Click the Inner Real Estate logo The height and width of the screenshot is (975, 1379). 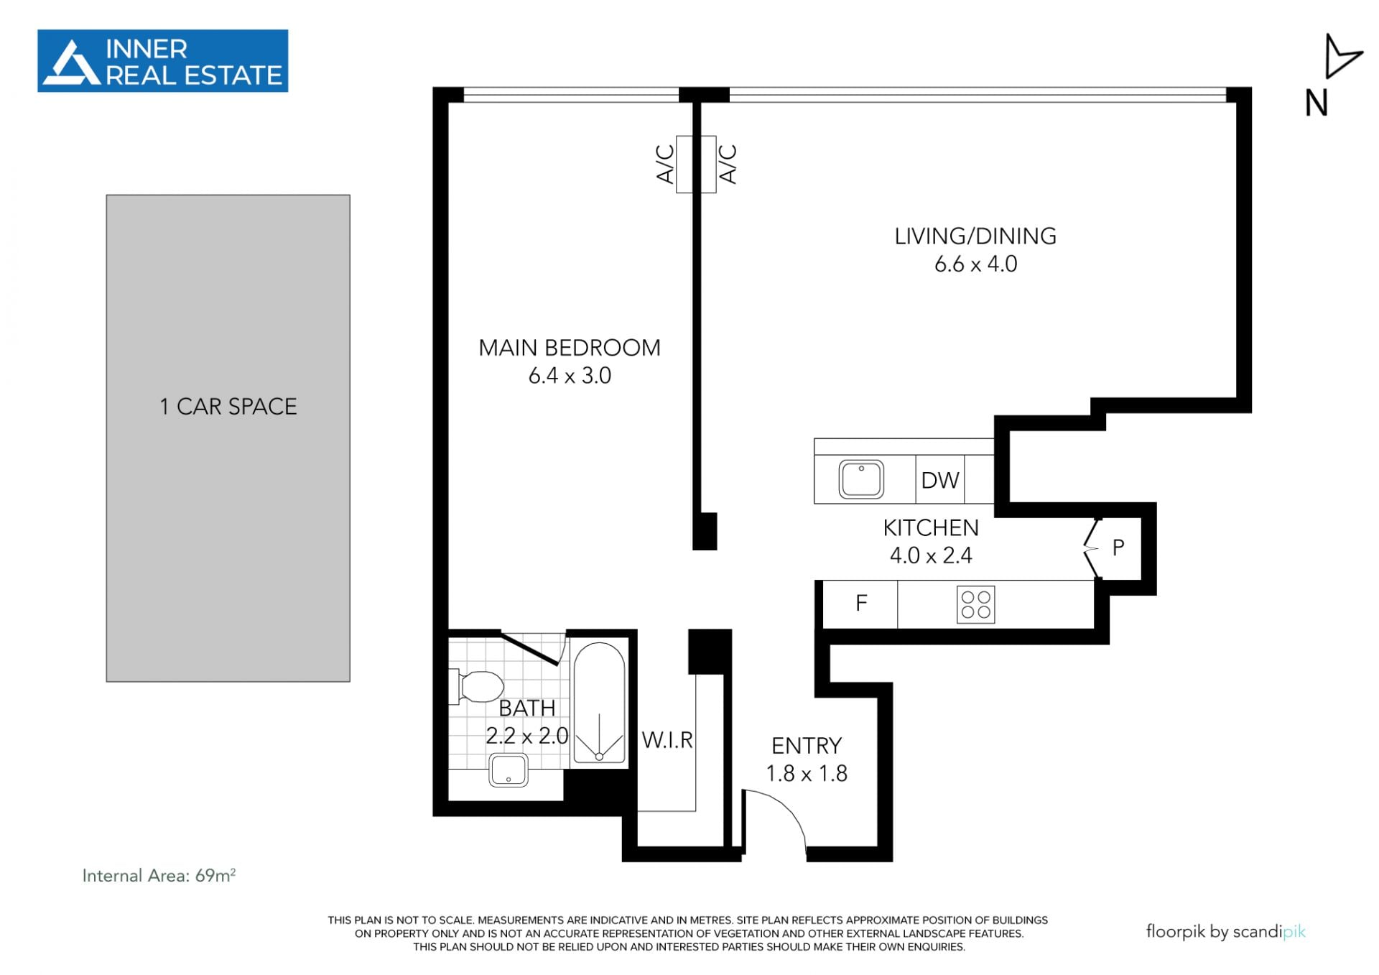pos(162,61)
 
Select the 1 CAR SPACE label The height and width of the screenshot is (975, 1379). pos(228,407)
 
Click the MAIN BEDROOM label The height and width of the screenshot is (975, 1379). pos(570,348)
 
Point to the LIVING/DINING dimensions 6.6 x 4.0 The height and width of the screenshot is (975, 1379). pos(975,264)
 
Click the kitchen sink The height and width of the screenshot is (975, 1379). pos(861,479)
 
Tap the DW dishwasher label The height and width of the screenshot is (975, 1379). pos(940,480)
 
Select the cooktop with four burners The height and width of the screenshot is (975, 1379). pos(976,604)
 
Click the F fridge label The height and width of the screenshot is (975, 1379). pos(861,603)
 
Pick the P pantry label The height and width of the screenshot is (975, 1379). pos(1118,548)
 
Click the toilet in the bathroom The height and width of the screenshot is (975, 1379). pos(476,686)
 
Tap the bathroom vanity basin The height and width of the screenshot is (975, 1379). pos(509,770)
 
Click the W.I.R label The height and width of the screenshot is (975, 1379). pos(667,740)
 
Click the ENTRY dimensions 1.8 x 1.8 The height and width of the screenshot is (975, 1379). pos(807,773)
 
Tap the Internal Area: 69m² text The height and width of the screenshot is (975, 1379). pos(159,875)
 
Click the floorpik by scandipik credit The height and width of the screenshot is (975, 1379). pos(1225,932)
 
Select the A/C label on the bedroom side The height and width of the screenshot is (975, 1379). pos(666,164)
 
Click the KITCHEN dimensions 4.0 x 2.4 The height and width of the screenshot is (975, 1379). pos(931,555)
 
